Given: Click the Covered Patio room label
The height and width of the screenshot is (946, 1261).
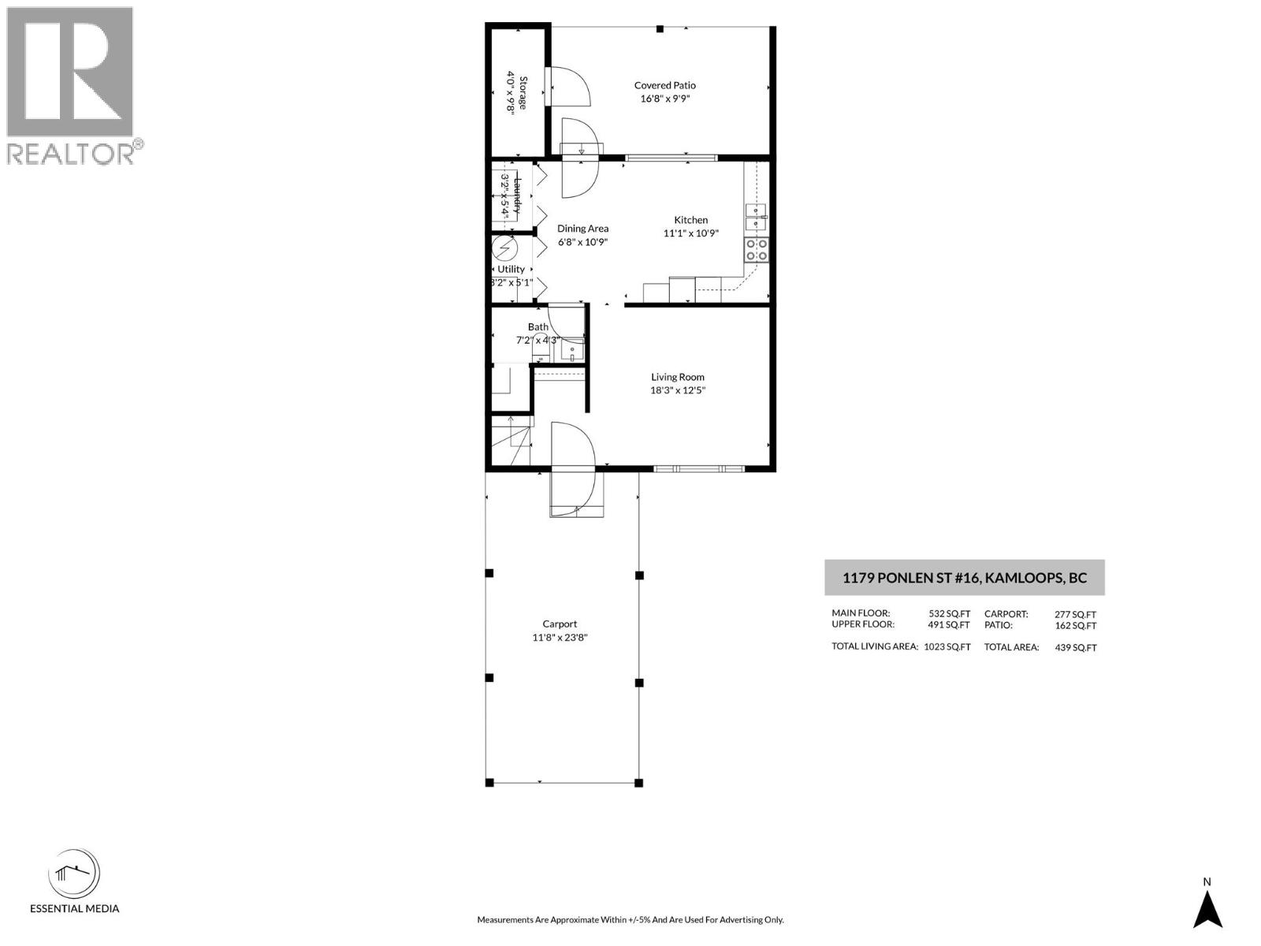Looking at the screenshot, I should point(665,85).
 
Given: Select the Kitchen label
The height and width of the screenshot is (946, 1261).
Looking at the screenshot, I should point(690,220).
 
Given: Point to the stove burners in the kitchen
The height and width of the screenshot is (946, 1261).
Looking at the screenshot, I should point(757,250).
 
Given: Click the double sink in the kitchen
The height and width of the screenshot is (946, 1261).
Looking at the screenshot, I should point(757,217).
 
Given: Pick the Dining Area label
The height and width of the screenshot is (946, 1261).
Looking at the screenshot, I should point(582,229).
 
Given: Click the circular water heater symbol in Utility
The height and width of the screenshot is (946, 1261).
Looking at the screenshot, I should point(504,249).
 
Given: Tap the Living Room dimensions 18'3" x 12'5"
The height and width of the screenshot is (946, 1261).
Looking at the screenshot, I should point(677,389).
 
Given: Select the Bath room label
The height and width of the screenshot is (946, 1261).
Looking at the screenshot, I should point(538,326).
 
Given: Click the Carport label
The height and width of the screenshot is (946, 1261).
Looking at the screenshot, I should point(560,624).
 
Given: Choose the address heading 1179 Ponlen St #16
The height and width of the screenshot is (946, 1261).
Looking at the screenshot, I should point(964,578).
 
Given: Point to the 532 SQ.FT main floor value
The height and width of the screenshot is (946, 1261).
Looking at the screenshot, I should point(949,613).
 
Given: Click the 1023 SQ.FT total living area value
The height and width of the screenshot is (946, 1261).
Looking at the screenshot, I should point(947,646).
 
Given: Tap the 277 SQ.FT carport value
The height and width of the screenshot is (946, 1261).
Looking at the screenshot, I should point(1075,614).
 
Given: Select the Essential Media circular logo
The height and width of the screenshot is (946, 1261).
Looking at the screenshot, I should point(74,875).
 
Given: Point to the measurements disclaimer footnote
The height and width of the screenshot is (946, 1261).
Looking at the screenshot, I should point(630,919).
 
